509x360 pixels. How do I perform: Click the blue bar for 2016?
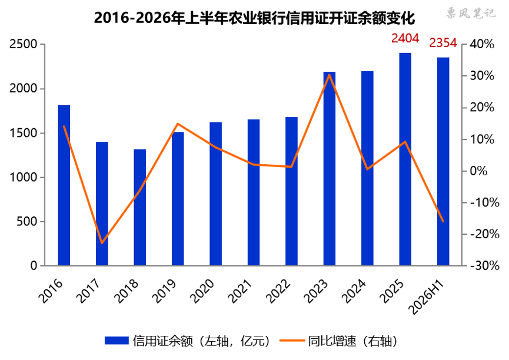64,185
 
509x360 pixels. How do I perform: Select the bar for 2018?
140,208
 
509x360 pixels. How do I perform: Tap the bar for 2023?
330,169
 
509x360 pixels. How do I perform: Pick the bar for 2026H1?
443,162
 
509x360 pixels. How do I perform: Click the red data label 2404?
405,38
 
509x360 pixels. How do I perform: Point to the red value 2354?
443,43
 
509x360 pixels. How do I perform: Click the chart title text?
254,18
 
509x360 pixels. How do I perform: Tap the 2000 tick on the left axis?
24,88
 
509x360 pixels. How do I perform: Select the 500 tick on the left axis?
27,221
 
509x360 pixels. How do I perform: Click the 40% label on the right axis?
482,44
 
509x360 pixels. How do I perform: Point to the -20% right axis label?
485,234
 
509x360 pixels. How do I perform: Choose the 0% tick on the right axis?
479,171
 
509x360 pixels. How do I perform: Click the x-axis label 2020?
202,291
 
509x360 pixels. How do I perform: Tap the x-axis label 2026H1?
427,296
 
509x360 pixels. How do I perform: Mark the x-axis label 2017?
88,291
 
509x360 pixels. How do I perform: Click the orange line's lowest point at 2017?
102,243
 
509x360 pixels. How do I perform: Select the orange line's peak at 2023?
330,75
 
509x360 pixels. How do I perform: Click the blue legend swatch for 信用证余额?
117,341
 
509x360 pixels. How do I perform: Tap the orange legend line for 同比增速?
292,341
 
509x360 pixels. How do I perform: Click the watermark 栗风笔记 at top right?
471,14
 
